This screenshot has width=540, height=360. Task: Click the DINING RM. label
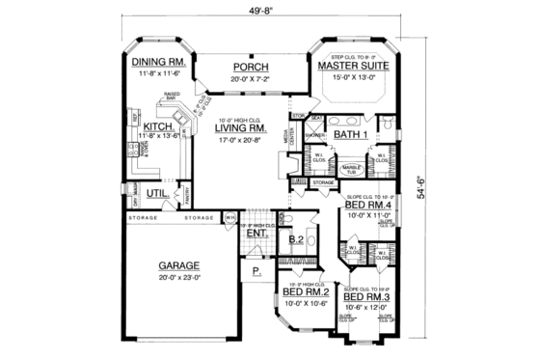tap(157, 63)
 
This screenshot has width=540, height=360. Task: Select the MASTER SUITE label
tap(353, 68)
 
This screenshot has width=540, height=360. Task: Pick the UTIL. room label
tap(158, 192)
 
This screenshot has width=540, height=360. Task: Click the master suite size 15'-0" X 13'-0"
tap(353, 79)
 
